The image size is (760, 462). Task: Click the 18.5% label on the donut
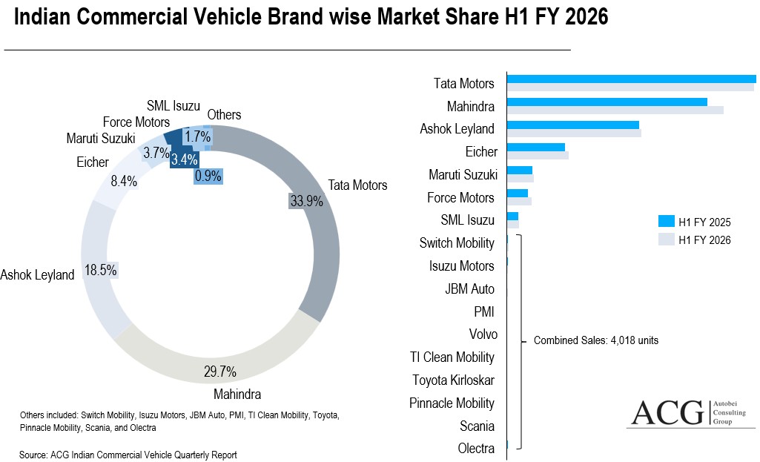(101, 270)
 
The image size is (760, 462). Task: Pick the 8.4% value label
(124, 179)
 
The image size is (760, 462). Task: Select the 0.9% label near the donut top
(208, 176)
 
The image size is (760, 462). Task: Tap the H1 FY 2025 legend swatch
(666, 222)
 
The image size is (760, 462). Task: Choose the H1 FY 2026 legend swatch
(666, 240)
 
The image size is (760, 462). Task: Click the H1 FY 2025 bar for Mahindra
(607, 102)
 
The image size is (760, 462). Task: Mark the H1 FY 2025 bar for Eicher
(535, 148)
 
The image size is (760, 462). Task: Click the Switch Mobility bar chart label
(457, 243)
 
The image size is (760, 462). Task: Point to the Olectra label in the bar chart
(476, 449)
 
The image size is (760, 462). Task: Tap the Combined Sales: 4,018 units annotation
(596, 341)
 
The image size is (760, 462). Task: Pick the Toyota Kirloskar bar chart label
(454, 380)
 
